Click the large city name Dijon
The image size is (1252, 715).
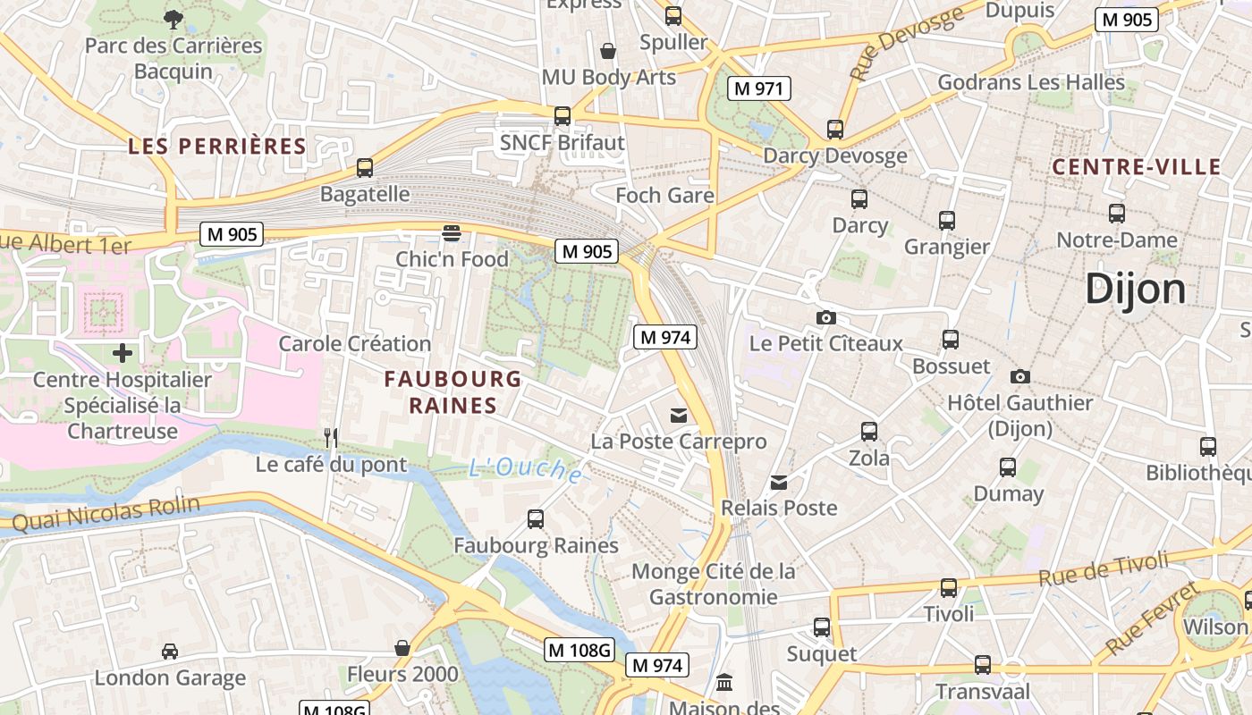click(1135, 290)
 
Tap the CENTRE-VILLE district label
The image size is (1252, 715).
click(1136, 167)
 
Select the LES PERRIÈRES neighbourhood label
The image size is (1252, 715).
click(216, 147)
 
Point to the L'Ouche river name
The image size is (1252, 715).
click(525, 469)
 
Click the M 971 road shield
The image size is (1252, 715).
click(758, 88)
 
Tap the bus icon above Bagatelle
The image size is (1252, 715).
click(365, 167)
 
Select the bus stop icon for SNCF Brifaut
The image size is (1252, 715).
click(562, 115)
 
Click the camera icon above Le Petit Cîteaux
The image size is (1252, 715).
click(826, 317)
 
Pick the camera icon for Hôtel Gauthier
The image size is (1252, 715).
click(1019, 376)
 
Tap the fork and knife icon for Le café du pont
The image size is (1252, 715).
click(331, 437)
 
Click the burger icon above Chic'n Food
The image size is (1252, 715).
click(452, 233)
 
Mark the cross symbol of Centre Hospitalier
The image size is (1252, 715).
click(123, 353)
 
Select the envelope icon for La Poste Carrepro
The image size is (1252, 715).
click(679, 415)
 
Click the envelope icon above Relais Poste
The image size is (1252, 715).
click(780, 482)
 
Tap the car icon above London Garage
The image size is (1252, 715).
click(170, 652)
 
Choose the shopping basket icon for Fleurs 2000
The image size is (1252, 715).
click(402, 647)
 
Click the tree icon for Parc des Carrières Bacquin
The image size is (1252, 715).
click(173, 18)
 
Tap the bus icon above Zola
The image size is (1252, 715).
click(868, 432)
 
